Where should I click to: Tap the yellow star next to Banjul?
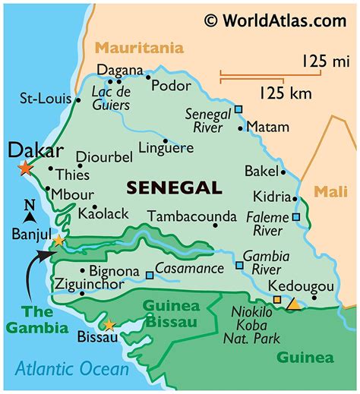(58, 241)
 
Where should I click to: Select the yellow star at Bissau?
(109, 326)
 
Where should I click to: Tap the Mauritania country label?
(139, 48)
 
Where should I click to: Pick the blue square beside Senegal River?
(238, 109)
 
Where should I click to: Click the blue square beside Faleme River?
(295, 217)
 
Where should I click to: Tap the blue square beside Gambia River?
(239, 266)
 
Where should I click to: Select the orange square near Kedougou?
(276, 300)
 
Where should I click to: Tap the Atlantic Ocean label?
(72, 370)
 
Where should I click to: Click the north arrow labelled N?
(30, 210)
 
